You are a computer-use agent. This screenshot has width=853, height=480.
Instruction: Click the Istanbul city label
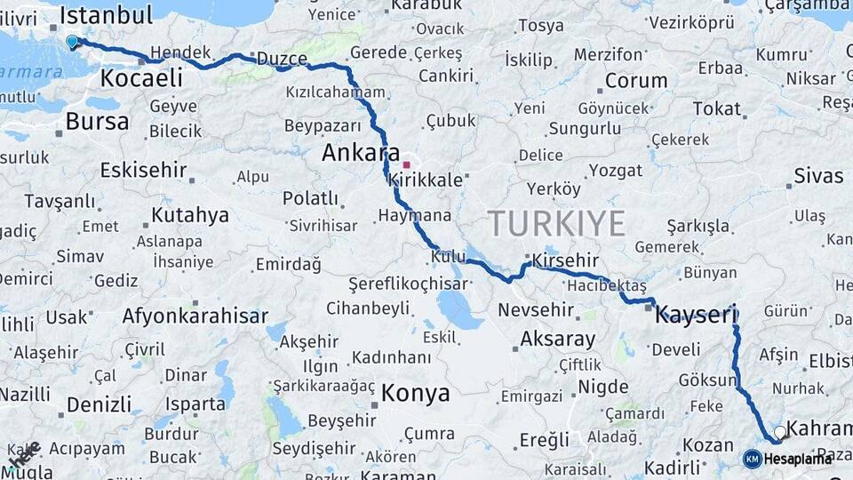(106, 14)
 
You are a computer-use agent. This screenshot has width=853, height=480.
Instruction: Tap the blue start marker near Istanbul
(72, 41)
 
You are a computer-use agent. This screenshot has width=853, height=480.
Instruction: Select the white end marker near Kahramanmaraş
(779, 432)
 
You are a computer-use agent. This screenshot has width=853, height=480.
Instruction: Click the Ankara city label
(361, 153)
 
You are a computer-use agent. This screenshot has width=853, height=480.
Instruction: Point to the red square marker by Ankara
(406, 164)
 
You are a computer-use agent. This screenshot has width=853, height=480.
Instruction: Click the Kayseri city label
(697, 314)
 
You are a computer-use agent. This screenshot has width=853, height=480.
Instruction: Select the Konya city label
(415, 393)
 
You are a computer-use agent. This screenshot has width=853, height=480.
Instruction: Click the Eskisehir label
(143, 170)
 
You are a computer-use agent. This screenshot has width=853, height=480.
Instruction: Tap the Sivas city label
(818, 175)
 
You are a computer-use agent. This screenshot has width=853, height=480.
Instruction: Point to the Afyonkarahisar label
(195, 316)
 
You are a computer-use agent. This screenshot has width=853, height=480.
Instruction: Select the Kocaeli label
(141, 78)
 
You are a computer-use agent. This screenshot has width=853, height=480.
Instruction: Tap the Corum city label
(635, 81)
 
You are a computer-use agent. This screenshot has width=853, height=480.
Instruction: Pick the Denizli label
(99, 404)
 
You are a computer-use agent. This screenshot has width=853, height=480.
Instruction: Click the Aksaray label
(557, 339)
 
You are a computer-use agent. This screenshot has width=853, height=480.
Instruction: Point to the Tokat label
(716, 108)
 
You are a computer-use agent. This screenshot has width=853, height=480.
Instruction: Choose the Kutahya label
(189, 215)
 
